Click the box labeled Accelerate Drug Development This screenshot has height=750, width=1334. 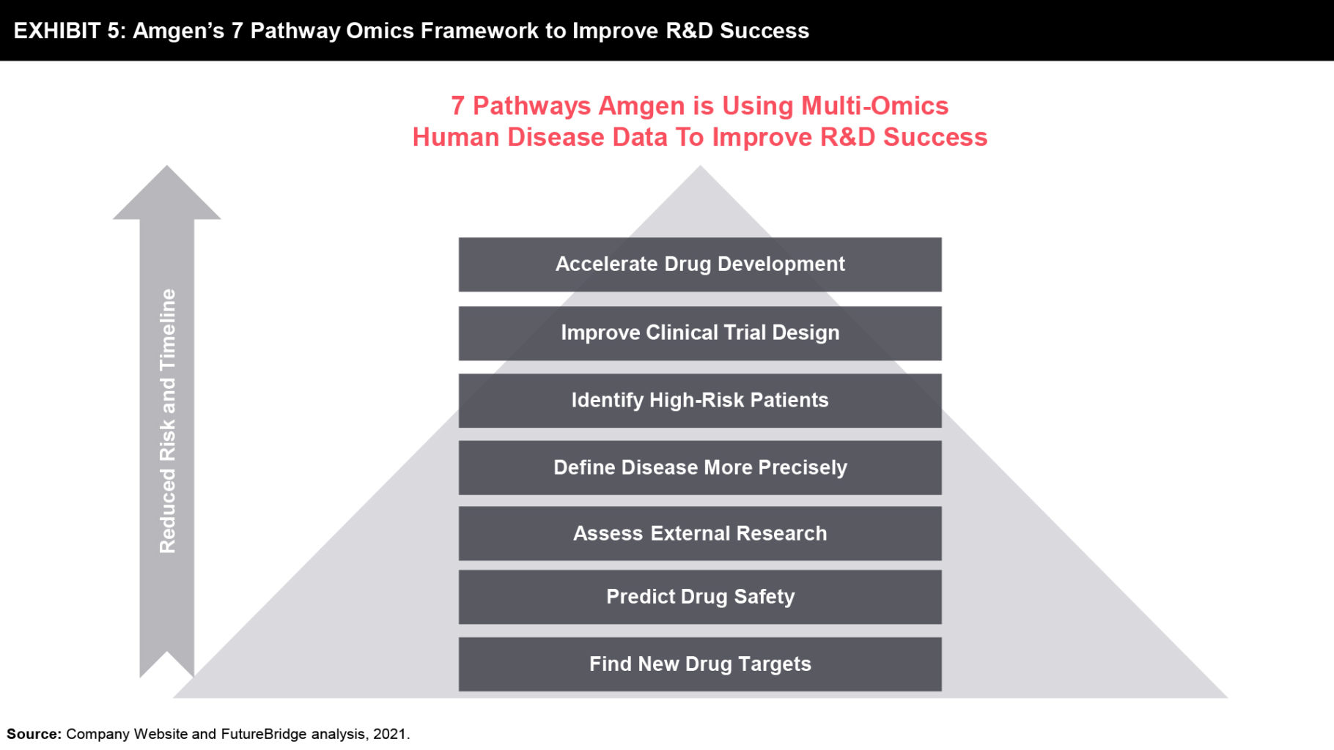(x=700, y=264)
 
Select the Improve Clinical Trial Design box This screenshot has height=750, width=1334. (x=700, y=333)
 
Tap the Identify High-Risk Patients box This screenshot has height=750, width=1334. (x=700, y=401)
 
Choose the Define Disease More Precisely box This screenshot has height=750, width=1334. (x=700, y=467)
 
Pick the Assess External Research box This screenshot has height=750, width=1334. (x=700, y=533)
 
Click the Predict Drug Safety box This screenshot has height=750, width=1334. (x=700, y=597)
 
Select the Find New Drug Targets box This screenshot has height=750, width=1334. (x=700, y=664)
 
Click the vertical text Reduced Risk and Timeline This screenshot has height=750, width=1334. (x=168, y=421)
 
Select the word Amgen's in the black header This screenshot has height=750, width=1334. (x=178, y=31)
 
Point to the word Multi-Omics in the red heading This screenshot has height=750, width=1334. (x=874, y=106)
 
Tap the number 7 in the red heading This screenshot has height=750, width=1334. (x=457, y=106)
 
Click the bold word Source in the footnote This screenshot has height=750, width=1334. (x=34, y=734)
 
